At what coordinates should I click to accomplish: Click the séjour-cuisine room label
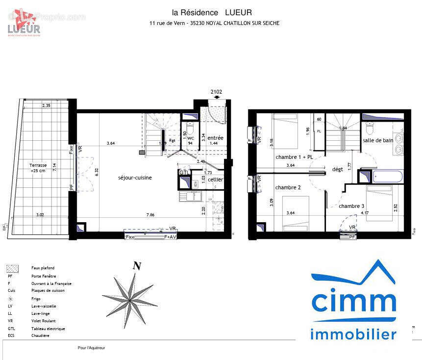coord(135,178)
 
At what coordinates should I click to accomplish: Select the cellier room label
coord(215,180)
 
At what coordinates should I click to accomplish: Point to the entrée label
coord(215,138)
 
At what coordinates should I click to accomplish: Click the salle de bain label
coord(378,140)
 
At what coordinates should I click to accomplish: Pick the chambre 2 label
coord(288,187)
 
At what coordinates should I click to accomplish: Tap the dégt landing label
coord(338,169)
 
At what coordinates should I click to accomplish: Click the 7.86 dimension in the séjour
coord(150,215)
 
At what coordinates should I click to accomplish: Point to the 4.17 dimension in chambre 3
coord(364,213)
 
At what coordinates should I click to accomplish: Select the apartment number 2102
coord(216,92)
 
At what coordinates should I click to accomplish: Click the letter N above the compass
coord(137,267)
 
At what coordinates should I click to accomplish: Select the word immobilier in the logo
coord(353,334)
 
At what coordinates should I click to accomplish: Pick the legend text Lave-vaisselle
coord(44,306)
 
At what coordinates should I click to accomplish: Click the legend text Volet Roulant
coord(43,321)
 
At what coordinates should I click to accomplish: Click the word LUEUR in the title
coord(238,12)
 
